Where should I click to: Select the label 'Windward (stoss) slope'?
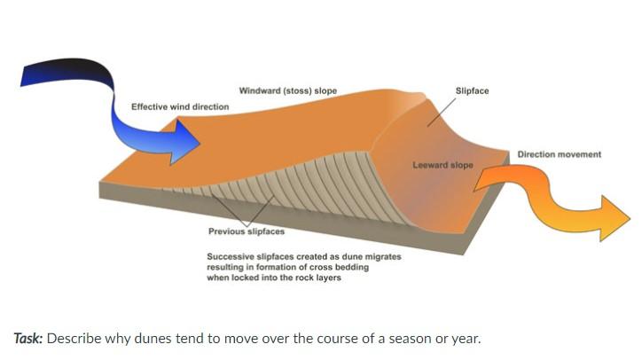287,91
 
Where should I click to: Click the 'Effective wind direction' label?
179,107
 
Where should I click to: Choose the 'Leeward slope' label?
442,165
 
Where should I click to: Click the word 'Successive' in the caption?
230,256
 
